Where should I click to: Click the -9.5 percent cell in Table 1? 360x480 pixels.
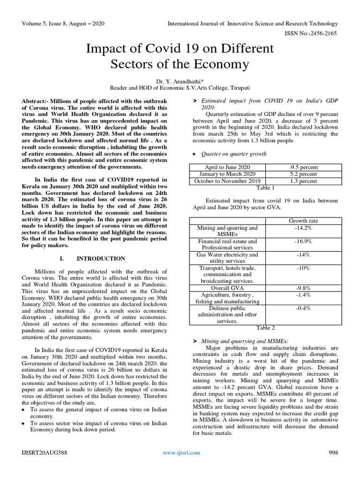(x=303, y=167)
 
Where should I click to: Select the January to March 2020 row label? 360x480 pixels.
(x=227, y=174)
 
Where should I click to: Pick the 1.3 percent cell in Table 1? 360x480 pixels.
(x=303, y=181)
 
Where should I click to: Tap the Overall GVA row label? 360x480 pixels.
(x=227, y=288)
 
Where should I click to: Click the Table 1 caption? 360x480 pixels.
(x=265, y=187)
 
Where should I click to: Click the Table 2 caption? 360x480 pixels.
(x=265, y=328)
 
